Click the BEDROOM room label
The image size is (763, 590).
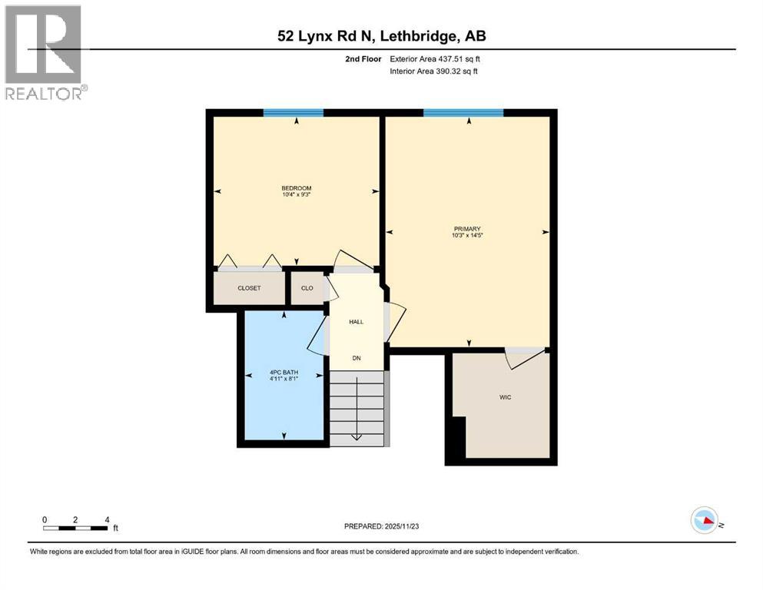(296, 188)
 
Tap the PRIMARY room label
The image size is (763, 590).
(466, 229)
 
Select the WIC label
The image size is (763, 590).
(505, 397)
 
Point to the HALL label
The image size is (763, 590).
(356, 321)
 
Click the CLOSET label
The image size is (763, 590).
(248, 288)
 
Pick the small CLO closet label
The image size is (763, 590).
(307, 288)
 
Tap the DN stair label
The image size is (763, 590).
(357, 358)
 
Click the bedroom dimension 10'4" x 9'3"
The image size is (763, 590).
(296, 195)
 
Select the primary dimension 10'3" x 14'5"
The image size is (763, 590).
(466, 236)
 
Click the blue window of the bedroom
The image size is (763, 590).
(294, 113)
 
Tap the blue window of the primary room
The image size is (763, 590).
(463, 113)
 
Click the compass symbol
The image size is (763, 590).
(705, 520)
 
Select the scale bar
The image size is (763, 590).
(75, 528)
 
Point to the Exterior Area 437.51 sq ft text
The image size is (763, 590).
(436, 59)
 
